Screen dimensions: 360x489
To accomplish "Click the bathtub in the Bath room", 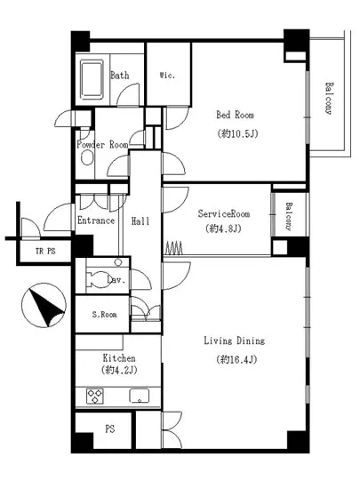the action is [x=92, y=79].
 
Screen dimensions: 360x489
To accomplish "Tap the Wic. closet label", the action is [x=167, y=76].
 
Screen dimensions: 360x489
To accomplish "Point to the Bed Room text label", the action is [x=235, y=115].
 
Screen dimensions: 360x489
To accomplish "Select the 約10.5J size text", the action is [x=237, y=133].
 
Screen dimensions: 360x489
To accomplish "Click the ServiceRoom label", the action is [x=224, y=214].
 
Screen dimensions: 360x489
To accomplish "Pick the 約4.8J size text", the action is [x=223, y=228].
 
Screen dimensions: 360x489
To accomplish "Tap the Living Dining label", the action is [x=235, y=341].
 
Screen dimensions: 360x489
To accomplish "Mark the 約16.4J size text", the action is [x=236, y=359].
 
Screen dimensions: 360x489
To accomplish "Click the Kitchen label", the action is [x=119, y=357].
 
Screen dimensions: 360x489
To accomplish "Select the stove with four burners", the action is [x=95, y=397].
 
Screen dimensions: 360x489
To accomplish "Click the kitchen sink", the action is [x=140, y=396].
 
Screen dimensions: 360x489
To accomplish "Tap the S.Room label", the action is [x=104, y=315].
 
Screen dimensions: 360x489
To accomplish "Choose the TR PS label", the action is [x=45, y=251].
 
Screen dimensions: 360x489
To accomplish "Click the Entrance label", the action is [x=96, y=220].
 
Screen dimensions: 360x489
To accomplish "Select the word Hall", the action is [x=140, y=221].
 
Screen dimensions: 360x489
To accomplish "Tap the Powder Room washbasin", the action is [x=87, y=157].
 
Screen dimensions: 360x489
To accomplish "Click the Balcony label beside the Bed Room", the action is [x=329, y=98].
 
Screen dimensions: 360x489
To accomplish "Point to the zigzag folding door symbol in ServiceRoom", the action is [x=173, y=248].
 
